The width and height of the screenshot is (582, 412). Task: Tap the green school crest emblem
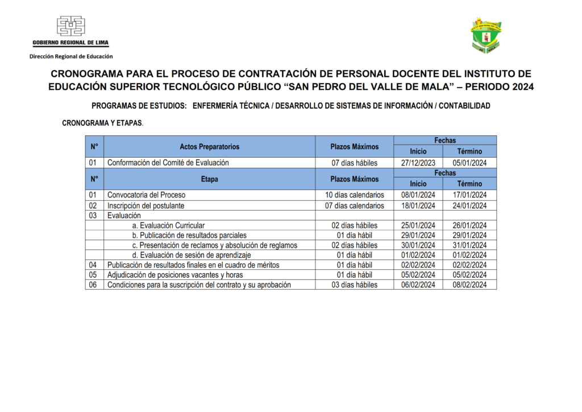point(485,36)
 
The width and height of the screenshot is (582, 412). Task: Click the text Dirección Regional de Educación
point(71,56)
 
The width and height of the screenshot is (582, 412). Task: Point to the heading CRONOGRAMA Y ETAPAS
point(102,123)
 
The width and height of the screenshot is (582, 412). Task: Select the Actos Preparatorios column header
point(209,147)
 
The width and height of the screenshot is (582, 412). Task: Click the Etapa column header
point(209,179)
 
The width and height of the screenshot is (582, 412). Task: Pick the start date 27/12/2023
point(418,163)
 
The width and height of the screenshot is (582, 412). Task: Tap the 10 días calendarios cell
point(354,195)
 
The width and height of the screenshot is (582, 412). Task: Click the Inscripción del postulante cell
point(145,205)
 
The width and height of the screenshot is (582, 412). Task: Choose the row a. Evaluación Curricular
point(168,225)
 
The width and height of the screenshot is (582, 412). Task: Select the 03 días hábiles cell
point(354,285)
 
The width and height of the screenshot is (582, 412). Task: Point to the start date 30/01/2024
point(418,245)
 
